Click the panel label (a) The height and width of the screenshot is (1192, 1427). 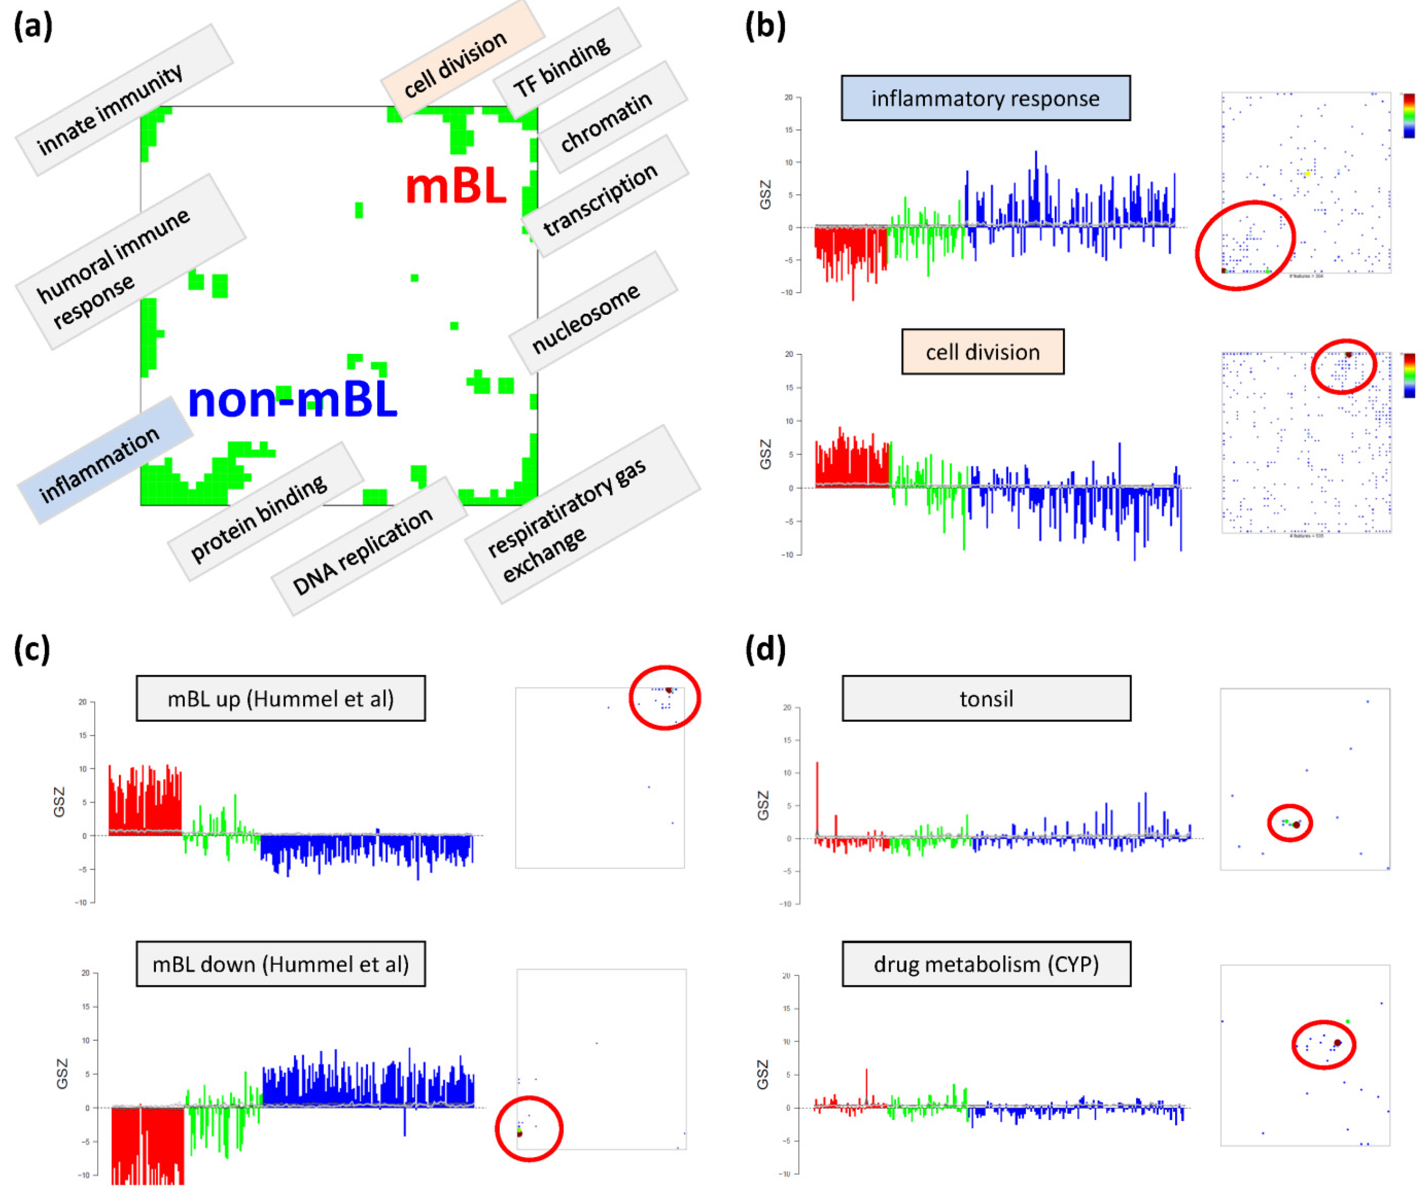coord(33,27)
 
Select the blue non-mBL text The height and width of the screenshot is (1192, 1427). coord(292,400)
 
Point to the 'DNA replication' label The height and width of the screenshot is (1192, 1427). coord(362,551)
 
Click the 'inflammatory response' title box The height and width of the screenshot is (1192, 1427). coord(985,99)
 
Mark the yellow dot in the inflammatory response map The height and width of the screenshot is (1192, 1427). coord(1307,174)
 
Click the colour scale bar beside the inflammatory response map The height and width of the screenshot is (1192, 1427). coord(1409,115)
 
